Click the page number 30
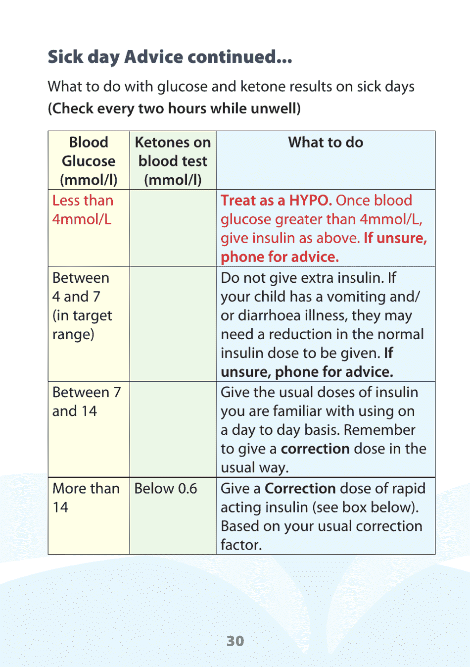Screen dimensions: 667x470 click(235, 641)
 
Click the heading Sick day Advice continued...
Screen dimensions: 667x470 click(170, 57)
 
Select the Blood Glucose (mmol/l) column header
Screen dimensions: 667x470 click(89, 160)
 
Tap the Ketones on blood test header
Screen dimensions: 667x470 click(173, 160)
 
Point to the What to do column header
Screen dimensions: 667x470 click(326, 143)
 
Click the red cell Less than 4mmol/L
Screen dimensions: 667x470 click(83, 209)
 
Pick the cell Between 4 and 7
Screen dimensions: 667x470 click(82, 306)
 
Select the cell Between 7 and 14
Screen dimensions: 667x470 click(86, 402)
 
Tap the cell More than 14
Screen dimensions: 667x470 click(86, 497)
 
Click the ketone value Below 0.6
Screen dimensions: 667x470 click(166, 489)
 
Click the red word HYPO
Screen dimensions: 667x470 click(310, 201)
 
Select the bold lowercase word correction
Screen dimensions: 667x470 click(315, 449)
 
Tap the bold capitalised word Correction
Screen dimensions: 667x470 click(300, 489)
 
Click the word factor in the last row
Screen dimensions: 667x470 click(241, 545)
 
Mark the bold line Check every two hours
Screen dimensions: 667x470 click(174, 108)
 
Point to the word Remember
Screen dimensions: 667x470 click(379, 430)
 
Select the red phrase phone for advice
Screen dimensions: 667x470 click(280, 257)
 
